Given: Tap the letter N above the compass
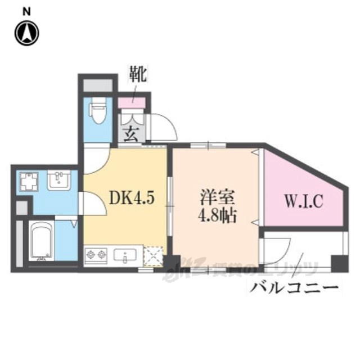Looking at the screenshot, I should point(26,11).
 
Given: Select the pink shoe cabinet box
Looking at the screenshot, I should point(132,103).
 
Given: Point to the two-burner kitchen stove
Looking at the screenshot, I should point(96,256).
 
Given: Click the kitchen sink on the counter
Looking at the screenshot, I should point(124,256).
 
